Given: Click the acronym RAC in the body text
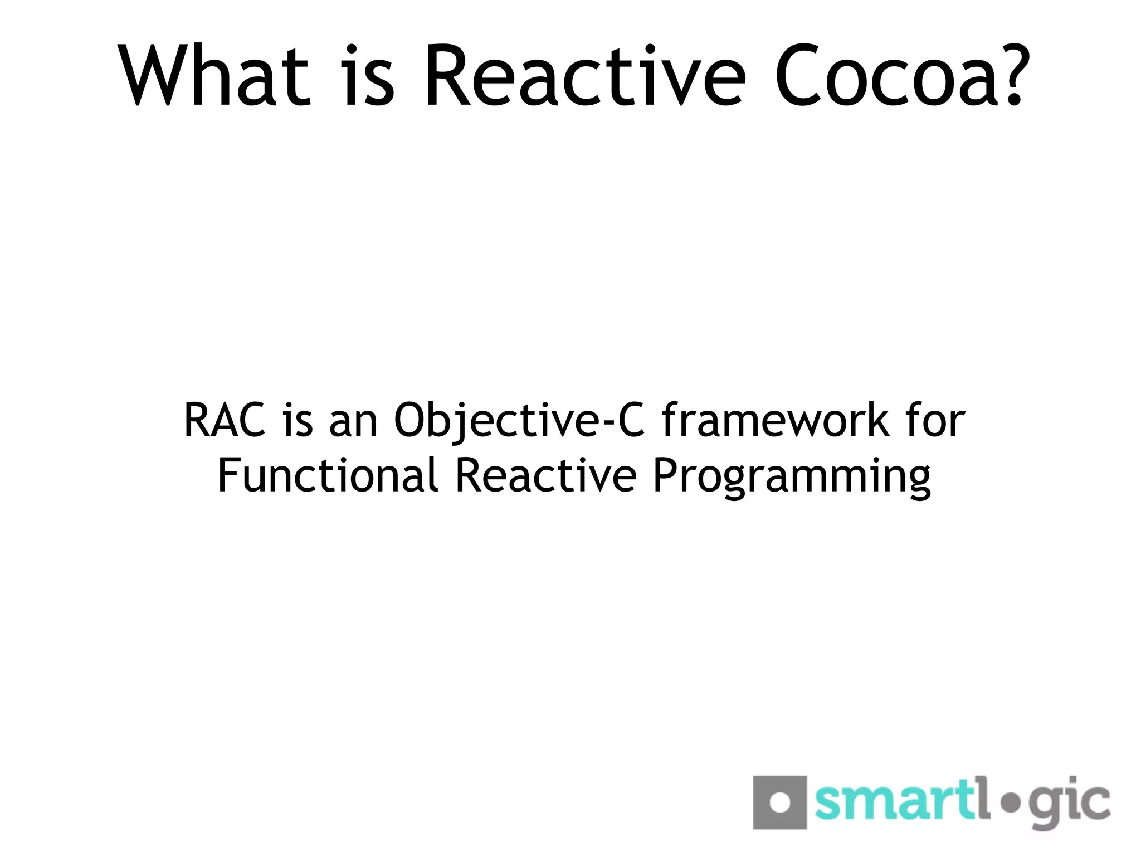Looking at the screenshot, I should pos(225,421).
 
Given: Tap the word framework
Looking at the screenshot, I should pos(775,421).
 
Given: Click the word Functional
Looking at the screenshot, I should pos(328,475).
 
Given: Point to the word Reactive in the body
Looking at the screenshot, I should pos(545,475).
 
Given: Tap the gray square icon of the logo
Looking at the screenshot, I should pos(779,802).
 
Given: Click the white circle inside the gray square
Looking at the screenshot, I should pos(779,803).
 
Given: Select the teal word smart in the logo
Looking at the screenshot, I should pos(894,802).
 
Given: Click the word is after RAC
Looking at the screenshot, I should pos(298,421).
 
